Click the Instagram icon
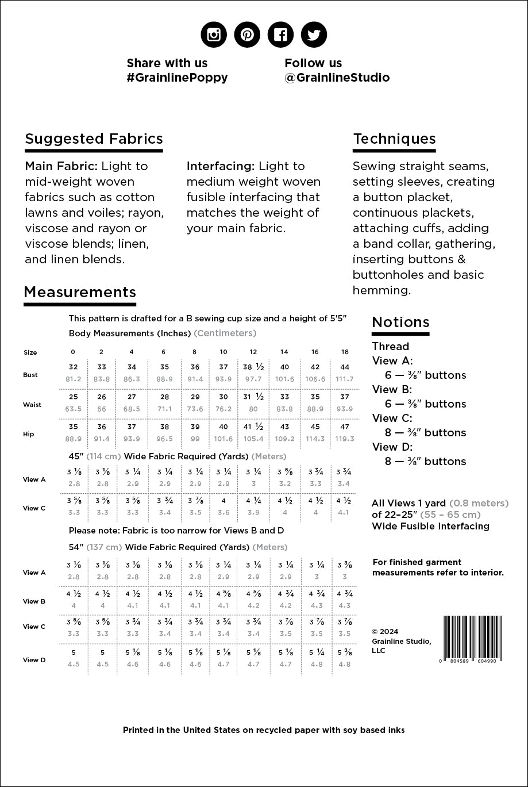(214, 34)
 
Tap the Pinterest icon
(247, 34)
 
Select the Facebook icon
(280, 34)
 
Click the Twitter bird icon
(314, 34)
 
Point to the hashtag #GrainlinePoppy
(177, 78)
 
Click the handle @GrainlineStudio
(337, 78)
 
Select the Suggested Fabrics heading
(94, 139)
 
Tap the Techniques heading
(394, 139)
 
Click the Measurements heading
(80, 292)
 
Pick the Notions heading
(400, 323)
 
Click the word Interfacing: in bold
(221, 166)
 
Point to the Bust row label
(30, 375)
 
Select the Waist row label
(32, 405)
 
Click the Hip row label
(29, 434)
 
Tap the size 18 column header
(345, 352)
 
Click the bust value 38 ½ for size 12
(253, 367)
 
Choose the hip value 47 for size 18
(345, 427)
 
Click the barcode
(472, 638)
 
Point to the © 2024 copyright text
(384, 632)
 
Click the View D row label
(34, 660)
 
